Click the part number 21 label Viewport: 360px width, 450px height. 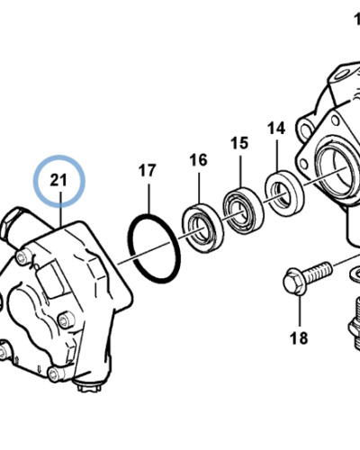[x=58, y=180]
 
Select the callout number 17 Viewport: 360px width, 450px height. [x=148, y=170]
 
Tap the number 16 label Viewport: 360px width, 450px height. [x=198, y=160]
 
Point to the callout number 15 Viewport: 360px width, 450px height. [x=239, y=143]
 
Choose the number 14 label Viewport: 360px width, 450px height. [x=276, y=129]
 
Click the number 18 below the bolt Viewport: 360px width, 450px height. [x=299, y=337]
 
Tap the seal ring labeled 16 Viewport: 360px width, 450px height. [x=203, y=228]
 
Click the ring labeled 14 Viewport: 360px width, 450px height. [x=284, y=190]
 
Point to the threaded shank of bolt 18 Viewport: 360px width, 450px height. [x=319, y=271]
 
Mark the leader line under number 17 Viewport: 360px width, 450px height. [x=148, y=199]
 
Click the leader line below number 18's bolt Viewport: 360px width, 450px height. [x=300, y=310]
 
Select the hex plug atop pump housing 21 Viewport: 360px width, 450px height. [x=12, y=221]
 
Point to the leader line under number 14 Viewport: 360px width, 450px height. [x=277, y=154]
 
